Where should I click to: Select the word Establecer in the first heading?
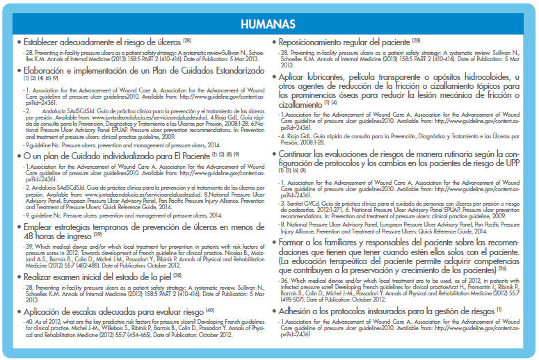[45, 41]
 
